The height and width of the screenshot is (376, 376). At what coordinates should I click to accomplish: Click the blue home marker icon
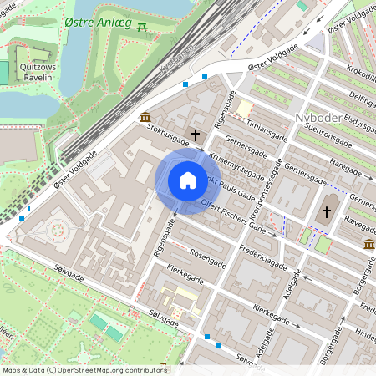click(187, 180)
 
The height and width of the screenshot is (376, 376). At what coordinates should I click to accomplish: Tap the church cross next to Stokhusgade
click(196, 134)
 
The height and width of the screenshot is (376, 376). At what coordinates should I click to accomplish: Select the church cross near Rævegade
click(327, 212)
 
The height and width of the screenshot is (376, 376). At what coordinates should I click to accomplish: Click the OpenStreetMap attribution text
click(84, 370)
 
